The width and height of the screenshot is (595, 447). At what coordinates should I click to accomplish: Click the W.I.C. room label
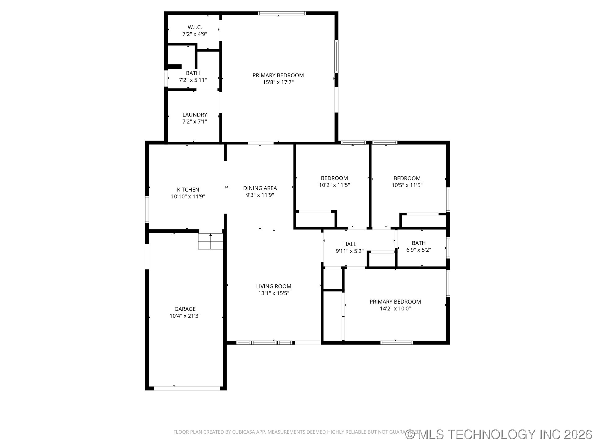[x=195, y=27]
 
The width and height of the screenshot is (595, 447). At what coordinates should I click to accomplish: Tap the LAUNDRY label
[x=195, y=115]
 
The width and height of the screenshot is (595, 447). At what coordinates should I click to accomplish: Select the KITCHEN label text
[x=188, y=190]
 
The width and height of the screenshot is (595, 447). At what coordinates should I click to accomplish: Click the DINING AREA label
[x=260, y=188]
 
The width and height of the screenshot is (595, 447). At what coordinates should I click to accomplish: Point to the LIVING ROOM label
[x=274, y=287]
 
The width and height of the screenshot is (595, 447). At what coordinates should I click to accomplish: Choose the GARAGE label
[x=185, y=309]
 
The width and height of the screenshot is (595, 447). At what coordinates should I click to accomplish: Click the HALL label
[x=350, y=244]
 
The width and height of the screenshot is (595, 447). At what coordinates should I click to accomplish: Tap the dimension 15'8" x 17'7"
[x=278, y=82]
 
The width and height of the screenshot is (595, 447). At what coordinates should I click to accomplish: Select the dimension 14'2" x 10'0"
[x=395, y=309]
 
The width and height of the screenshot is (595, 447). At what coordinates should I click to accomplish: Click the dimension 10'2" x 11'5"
[x=334, y=185]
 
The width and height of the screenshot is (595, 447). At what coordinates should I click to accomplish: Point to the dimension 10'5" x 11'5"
[x=407, y=185]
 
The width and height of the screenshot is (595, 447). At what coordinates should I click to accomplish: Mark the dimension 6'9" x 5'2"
[x=418, y=250]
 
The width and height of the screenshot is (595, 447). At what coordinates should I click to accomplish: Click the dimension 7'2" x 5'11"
[x=193, y=80]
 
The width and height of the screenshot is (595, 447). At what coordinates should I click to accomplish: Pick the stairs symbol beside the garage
[x=210, y=241]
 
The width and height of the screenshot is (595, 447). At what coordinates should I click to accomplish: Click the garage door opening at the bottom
[x=187, y=388]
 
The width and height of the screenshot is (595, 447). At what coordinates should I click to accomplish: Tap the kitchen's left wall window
[x=147, y=209]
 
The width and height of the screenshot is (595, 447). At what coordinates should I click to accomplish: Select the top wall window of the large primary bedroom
[x=282, y=13]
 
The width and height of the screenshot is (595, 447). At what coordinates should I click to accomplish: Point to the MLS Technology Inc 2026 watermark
[x=499, y=434]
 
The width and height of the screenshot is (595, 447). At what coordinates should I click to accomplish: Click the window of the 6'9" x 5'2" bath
[x=448, y=248]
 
